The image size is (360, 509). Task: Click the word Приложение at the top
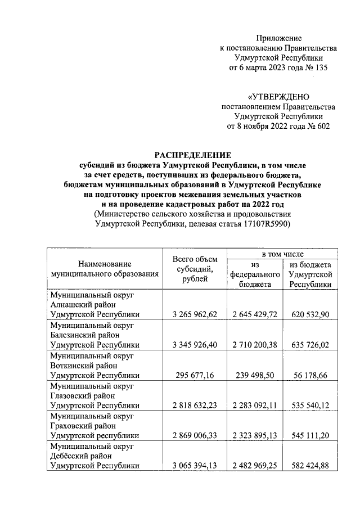[x=279, y=38]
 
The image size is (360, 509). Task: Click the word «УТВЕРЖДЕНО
[x=279, y=97]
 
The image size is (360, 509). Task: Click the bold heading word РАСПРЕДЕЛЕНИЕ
[x=193, y=155]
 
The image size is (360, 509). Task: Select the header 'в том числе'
[x=280, y=254]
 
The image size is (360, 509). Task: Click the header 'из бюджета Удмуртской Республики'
[x=309, y=274]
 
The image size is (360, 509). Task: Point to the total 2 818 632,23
[x=194, y=405]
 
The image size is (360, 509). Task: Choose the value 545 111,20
[x=309, y=435]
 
